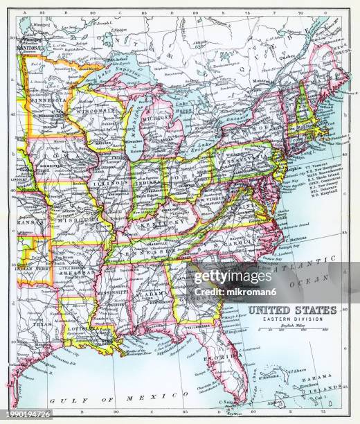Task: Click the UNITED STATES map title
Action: click(x=292, y=310)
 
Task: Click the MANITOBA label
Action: click(x=34, y=49)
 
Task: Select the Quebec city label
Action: click(x=280, y=56)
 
